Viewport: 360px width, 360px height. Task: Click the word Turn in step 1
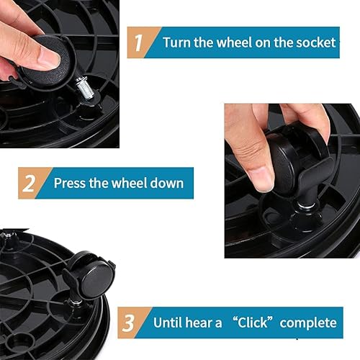[x=177, y=42]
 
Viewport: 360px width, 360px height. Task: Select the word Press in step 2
[x=71, y=183]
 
